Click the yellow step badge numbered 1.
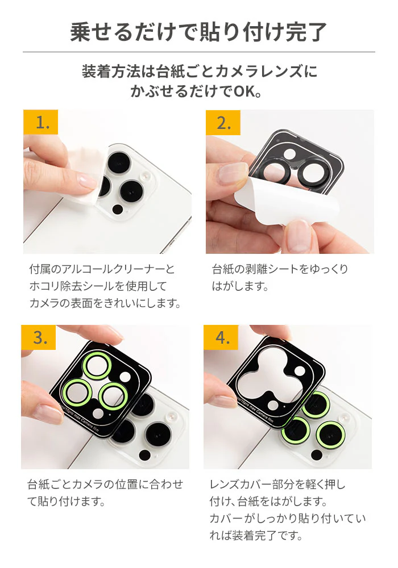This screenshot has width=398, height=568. pos(40,122)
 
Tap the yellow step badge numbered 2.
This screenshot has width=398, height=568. pos(223,123)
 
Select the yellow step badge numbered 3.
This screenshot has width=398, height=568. pos(39,337)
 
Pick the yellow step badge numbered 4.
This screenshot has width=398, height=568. pos(221,337)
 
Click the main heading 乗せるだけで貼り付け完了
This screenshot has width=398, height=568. pos(198,32)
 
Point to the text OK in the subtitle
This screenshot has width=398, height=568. pos(244,91)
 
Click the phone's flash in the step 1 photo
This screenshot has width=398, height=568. pos(145,177)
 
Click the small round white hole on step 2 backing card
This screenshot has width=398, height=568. pos(289,154)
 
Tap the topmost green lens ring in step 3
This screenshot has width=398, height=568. pos(97,366)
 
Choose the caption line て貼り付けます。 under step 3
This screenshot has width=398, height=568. pos(66,502)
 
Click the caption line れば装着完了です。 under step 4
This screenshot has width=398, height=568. pos(256,536)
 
